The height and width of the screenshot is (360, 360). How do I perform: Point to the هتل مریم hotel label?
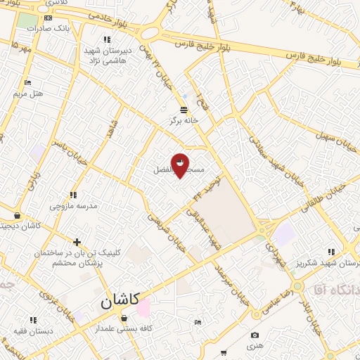pos(29,93)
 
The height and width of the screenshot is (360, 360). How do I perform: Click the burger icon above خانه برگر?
pos(184,110)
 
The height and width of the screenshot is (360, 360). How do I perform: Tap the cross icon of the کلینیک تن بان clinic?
pos(77,242)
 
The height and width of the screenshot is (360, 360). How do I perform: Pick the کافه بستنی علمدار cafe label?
pos(124,328)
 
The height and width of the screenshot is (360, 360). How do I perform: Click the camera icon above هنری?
pos(255,335)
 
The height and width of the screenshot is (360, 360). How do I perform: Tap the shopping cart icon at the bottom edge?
pos(224,352)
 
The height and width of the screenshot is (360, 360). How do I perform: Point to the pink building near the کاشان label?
pos(143,307)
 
